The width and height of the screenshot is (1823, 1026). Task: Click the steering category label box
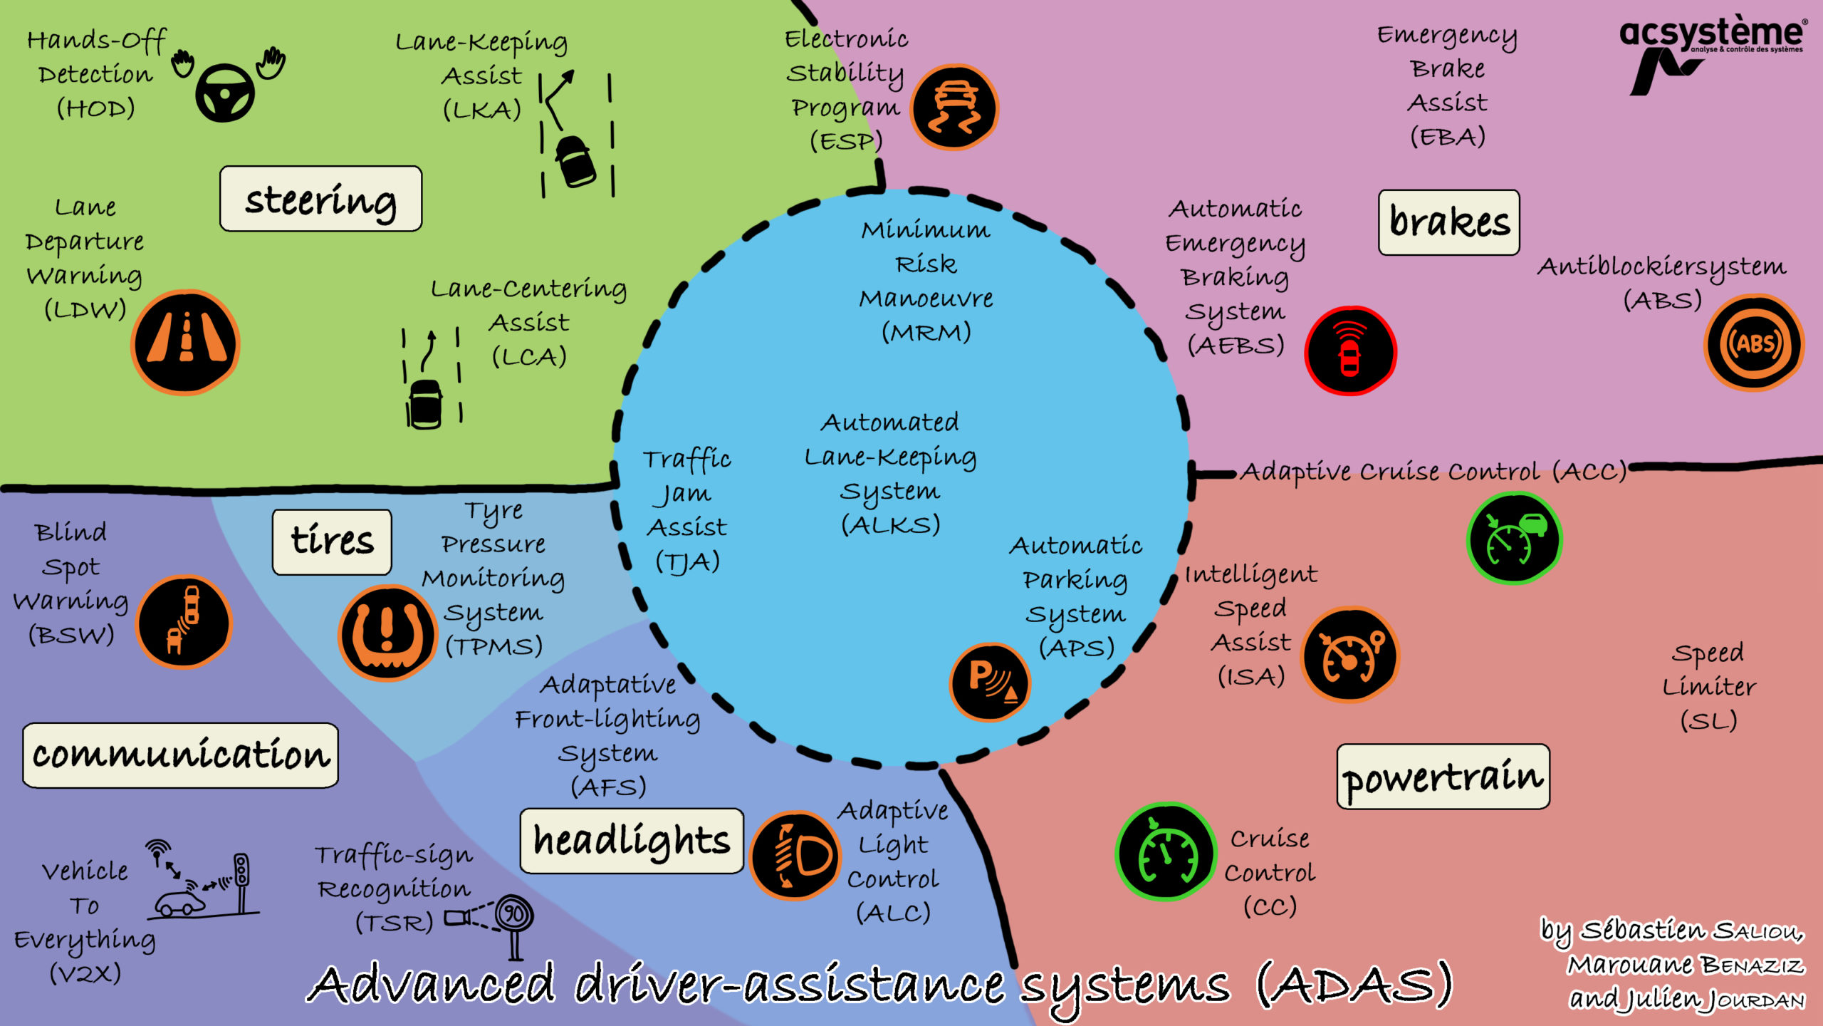[320, 199]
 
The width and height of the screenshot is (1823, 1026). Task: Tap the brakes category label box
[1448, 222]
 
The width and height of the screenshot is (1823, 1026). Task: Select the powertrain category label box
[1443, 777]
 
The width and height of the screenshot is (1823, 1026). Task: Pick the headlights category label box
[631, 841]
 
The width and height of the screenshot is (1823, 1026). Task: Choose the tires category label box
[332, 541]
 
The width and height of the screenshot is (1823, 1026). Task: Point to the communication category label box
[180, 755]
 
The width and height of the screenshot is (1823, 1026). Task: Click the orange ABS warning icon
[1754, 343]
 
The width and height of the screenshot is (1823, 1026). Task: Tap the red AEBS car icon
[1350, 351]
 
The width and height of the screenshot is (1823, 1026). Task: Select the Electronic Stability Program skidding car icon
[954, 108]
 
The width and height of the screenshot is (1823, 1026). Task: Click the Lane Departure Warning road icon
[186, 342]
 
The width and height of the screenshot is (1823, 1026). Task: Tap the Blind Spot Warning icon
[184, 621]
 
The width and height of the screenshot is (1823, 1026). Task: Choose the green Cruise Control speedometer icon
[1166, 852]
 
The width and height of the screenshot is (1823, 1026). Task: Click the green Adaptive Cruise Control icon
[1515, 539]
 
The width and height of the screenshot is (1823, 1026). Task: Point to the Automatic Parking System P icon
[990, 681]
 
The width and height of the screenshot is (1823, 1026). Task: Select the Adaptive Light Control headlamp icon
[795, 855]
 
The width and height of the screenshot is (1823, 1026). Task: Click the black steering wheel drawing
[225, 93]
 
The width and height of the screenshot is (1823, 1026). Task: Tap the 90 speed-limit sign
[514, 913]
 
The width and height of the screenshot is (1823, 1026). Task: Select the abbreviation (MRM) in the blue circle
[926, 332]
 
